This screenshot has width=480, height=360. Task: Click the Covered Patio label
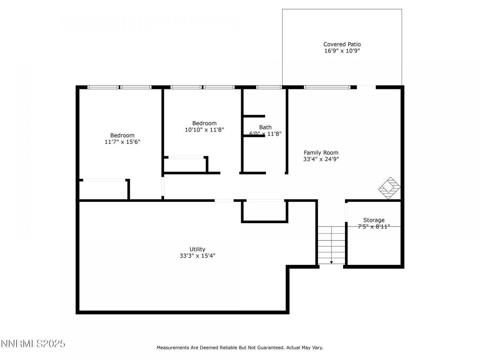click(x=342, y=44)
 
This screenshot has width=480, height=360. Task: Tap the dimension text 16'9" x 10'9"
click(x=342, y=51)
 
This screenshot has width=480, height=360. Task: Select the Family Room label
click(x=321, y=153)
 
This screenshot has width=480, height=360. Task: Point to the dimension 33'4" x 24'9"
click(x=321, y=159)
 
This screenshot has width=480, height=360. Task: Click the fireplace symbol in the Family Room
click(x=389, y=188)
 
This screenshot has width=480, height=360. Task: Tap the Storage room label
click(x=374, y=220)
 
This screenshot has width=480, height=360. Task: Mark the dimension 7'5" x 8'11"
click(x=374, y=226)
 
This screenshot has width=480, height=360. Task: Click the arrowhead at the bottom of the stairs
click(x=331, y=262)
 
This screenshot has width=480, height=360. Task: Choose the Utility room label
click(x=197, y=249)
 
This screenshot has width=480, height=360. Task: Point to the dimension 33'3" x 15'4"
click(x=197, y=256)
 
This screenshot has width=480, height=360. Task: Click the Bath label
click(x=265, y=127)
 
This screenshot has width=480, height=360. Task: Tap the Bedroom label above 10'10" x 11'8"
click(x=204, y=123)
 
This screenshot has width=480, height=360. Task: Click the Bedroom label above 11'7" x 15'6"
click(x=122, y=135)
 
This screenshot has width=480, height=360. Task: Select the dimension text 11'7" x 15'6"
click(x=122, y=142)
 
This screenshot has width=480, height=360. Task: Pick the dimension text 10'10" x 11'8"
click(x=204, y=130)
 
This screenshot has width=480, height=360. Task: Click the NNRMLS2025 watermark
click(x=33, y=343)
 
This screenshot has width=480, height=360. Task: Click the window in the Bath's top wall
click(x=269, y=87)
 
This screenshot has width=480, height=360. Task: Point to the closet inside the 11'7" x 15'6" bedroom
click(x=103, y=190)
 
